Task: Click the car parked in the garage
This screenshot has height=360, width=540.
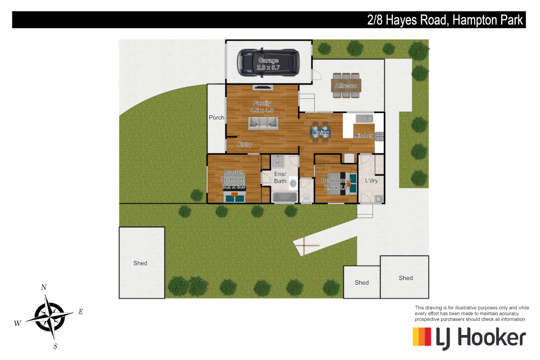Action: [x=268, y=63]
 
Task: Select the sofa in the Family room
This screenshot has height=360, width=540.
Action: [x=263, y=124]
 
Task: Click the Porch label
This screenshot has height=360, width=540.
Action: [x=216, y=118]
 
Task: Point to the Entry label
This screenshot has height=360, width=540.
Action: [x=245, y=144]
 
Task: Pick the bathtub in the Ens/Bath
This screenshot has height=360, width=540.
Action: [x=285, y=197]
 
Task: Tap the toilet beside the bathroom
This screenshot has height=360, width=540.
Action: [x=306, y=198]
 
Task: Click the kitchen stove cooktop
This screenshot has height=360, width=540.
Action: [x=379, y=136]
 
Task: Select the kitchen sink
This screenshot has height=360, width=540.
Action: [x=364, y=119]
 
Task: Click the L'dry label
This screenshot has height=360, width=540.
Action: [x=371, y=181]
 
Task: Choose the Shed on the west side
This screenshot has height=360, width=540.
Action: [x=142, y=263]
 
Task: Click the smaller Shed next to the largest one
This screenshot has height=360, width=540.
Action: [x=362, y=282]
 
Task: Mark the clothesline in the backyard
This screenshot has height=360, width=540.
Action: [x=304, y=246]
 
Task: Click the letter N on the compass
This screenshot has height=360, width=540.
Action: [x=44, y=287]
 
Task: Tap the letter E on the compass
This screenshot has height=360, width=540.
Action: [x=81, y=312]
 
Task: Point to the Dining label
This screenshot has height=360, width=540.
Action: [x=320, y=133]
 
